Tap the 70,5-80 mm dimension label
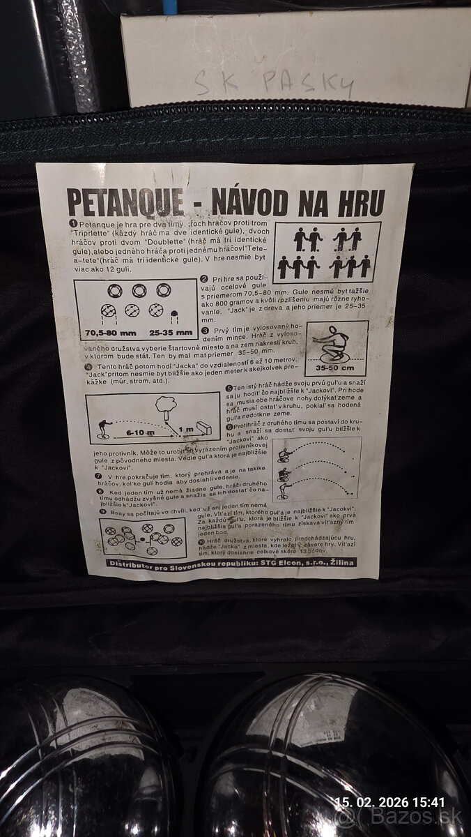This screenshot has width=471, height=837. pos(109,333)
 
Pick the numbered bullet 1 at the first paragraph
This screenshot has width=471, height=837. pos(72,222)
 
